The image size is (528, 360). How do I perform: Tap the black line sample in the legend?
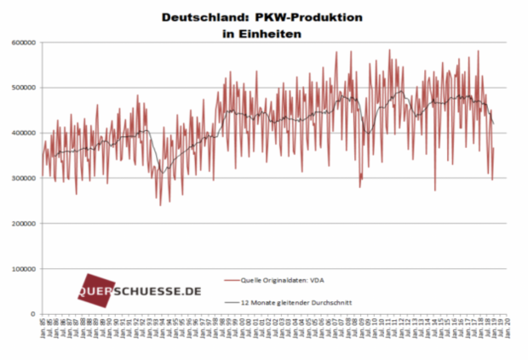[231, 301]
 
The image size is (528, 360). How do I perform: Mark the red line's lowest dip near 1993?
[159, 205]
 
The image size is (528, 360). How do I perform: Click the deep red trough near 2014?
[434, 190]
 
